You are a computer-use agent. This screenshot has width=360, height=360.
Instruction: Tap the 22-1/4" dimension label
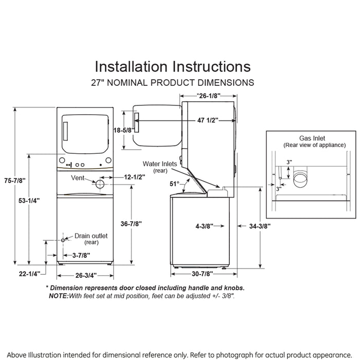click(x=29, y=274)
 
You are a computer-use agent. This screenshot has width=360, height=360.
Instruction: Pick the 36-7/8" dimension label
click(x=132, y=223)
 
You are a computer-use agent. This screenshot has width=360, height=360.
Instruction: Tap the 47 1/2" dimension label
click(x=207, y=120)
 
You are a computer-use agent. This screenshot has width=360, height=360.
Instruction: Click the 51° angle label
click(x=175, y=184)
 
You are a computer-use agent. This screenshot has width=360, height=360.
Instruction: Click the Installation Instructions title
click(x=173, y=66)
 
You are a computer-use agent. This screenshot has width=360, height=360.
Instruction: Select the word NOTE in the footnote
click(x=59, y=296)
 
